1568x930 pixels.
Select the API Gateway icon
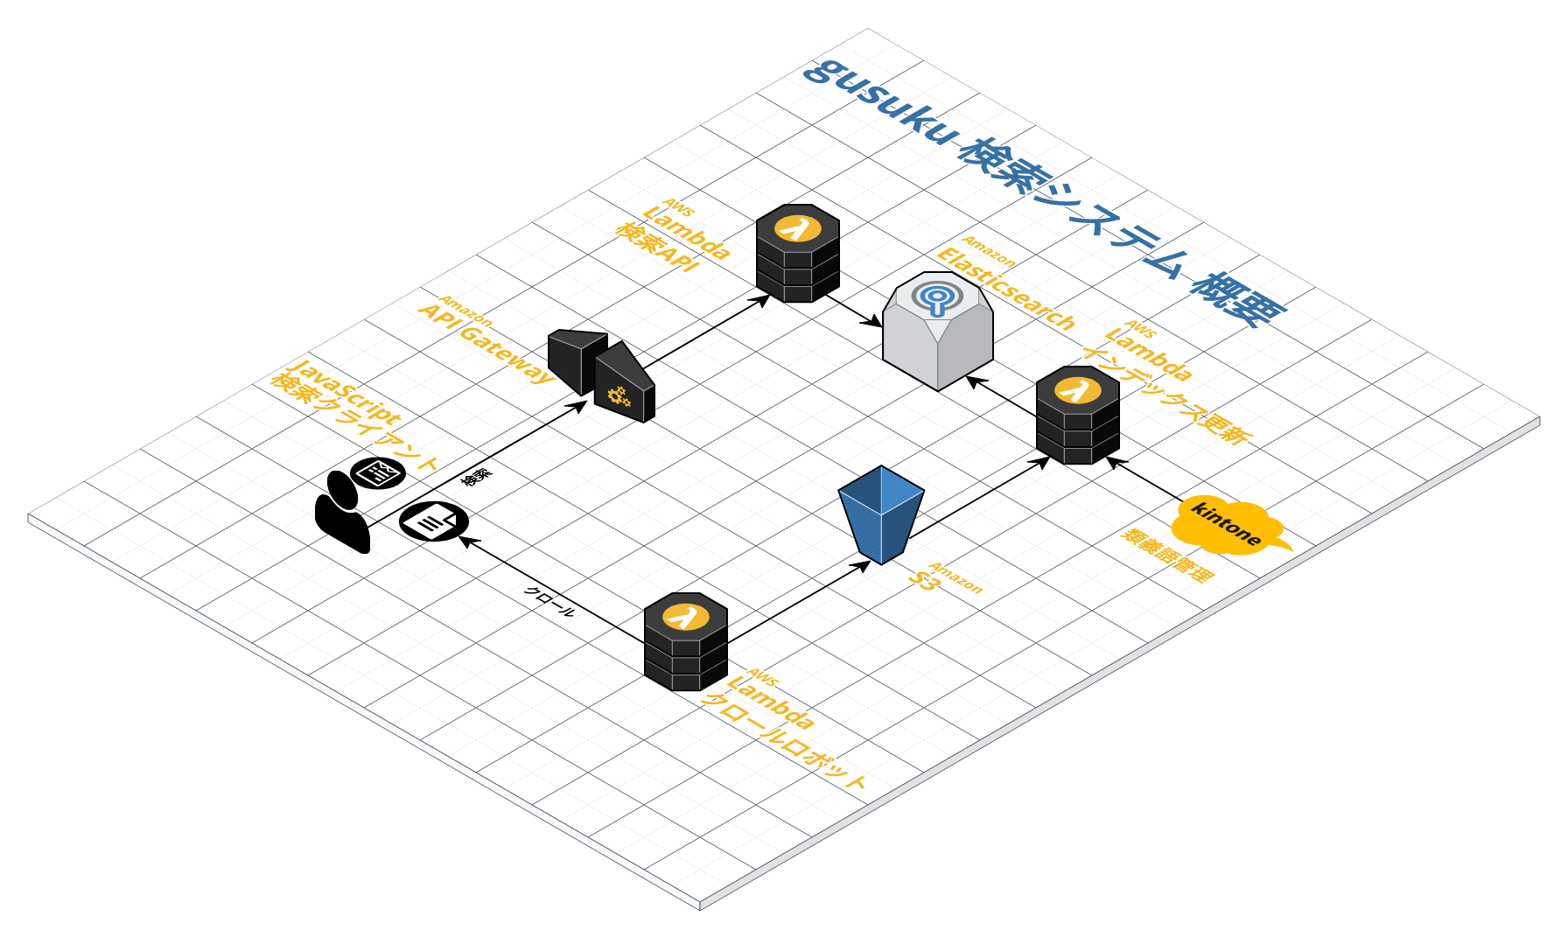point(601,374)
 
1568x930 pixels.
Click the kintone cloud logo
point(1227,525)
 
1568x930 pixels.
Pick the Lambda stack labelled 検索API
point(797,253)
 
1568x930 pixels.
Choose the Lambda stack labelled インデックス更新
point(1077,415)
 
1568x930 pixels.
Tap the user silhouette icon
point(342,512)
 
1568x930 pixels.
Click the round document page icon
point(433,521)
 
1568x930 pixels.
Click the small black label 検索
point(477,477)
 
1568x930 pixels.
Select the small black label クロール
point(549,601)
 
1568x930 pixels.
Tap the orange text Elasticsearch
point(1005,288)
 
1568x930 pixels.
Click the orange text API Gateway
point(486,343)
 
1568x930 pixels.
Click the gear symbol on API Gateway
point(619,396)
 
